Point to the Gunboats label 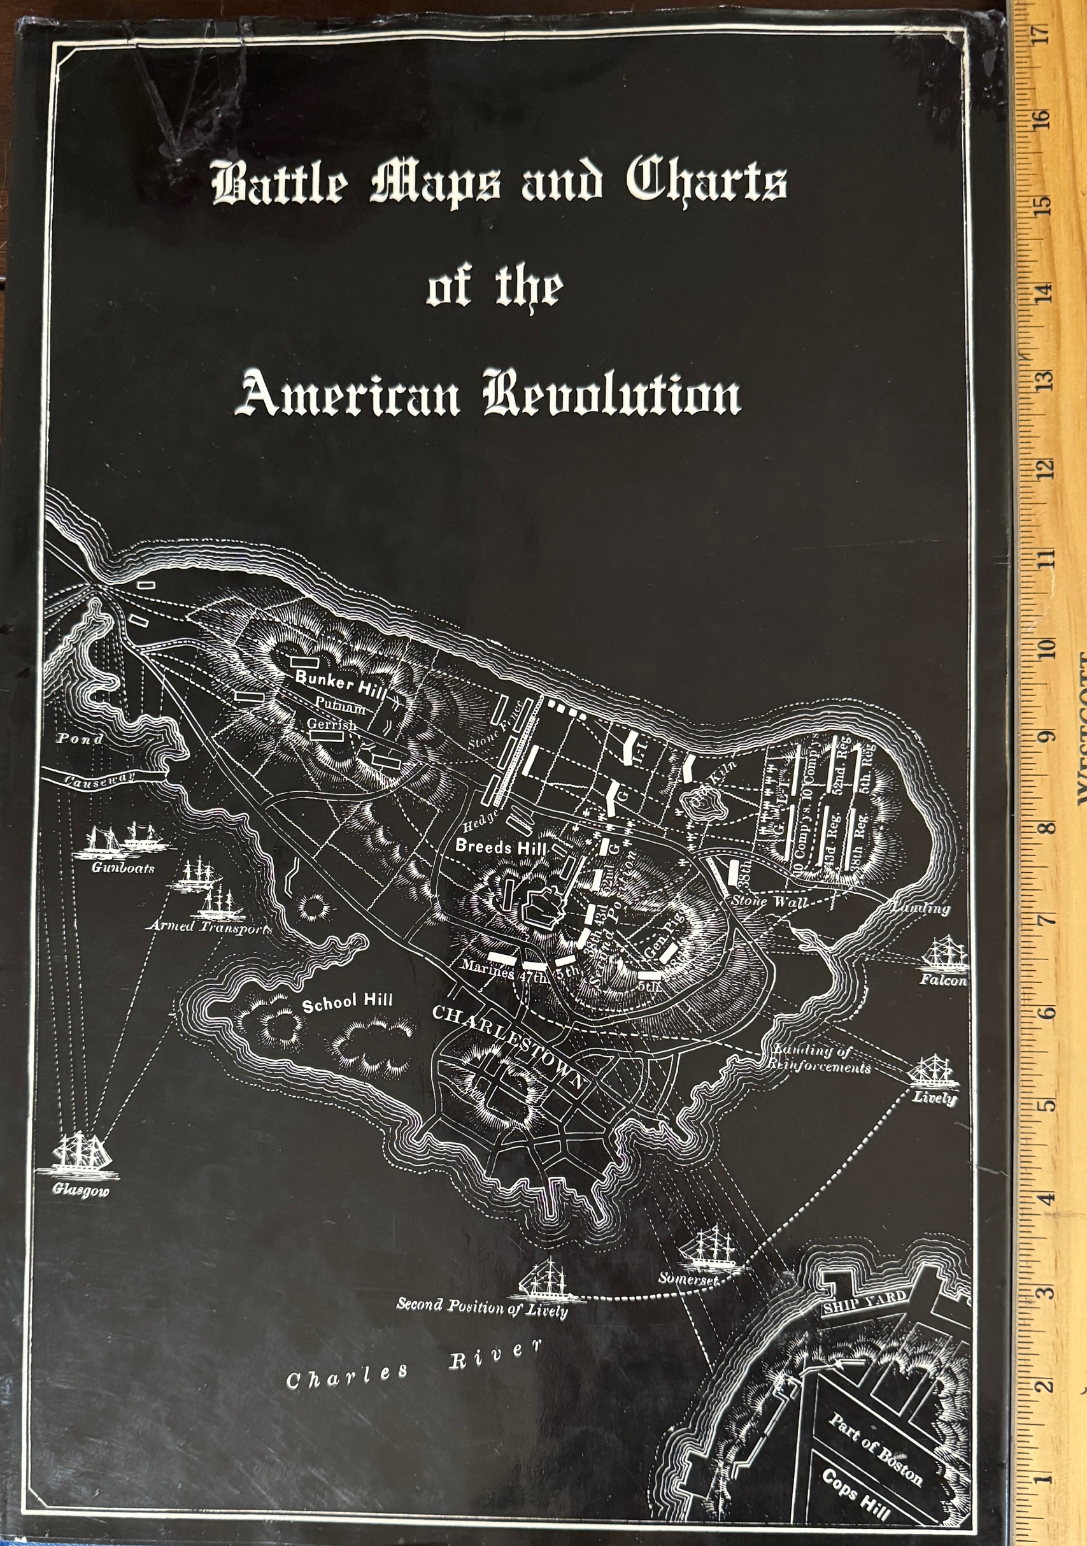(123, 867)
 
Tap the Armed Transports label (210, 927)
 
